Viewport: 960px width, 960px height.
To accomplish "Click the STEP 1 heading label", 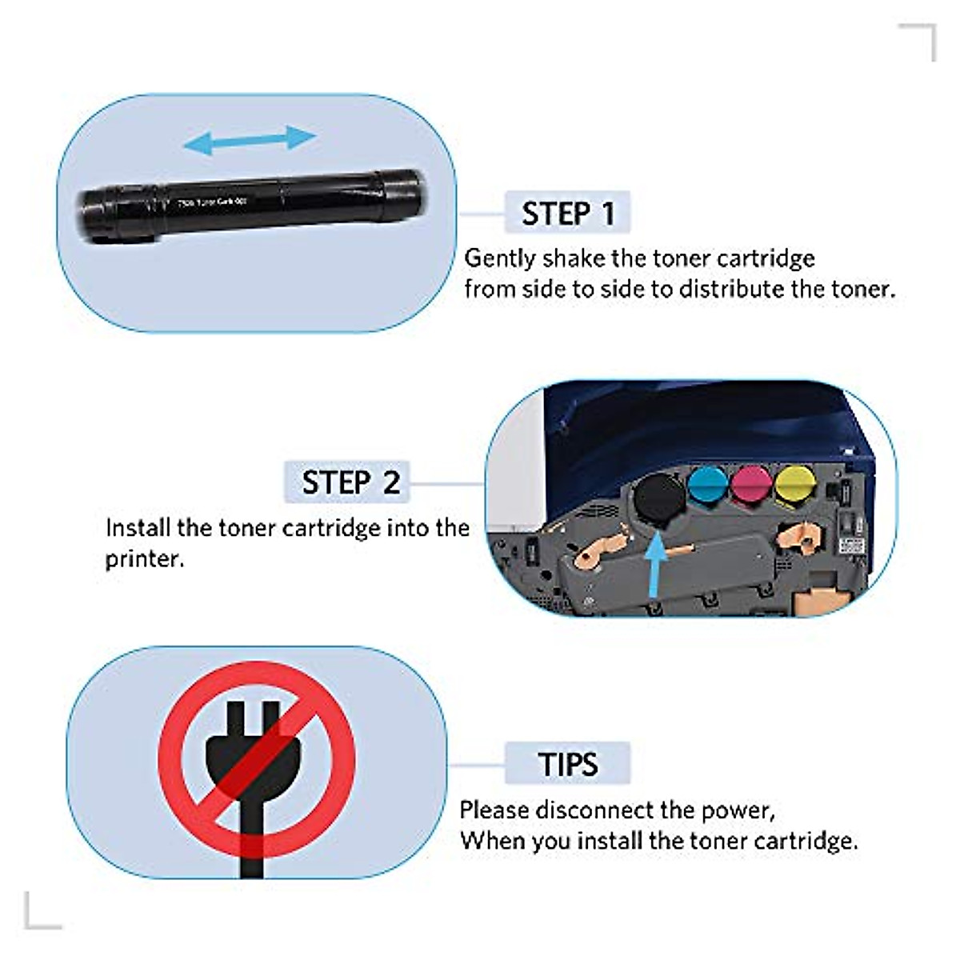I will (x=567, y=213).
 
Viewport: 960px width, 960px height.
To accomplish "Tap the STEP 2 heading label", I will (x=349, y=482).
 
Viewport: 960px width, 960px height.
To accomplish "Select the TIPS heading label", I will (x=567, y=764).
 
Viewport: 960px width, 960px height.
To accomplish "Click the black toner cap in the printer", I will (x=659, y=497).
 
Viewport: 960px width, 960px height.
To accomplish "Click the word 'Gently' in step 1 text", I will (x=500, y=258).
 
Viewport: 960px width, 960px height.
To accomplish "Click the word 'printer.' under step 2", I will (x=145, y=558).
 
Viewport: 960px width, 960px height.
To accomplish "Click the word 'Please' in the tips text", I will (x=494, y=810).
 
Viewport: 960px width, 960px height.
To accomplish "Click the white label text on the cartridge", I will (x=211, y=203).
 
